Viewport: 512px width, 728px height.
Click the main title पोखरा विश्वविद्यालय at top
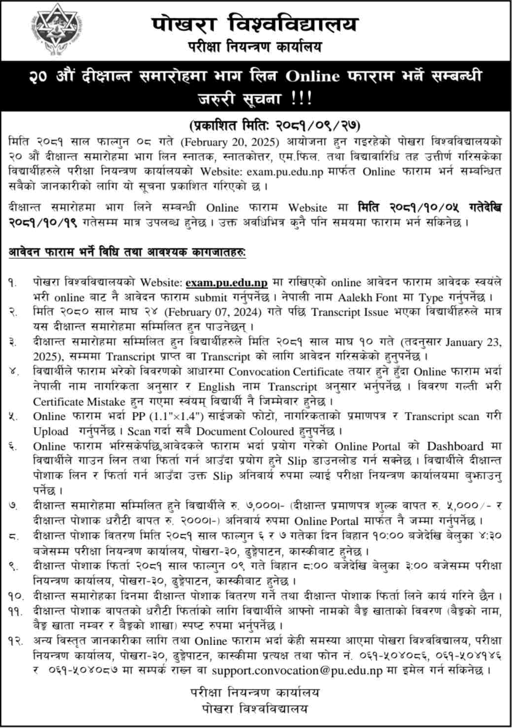pyautogui.click(x=255, y=24)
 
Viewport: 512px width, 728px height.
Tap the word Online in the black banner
pyautogui.click(x=313, y=77)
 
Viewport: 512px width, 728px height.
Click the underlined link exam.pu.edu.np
pyautogui.click(x=227, y=282)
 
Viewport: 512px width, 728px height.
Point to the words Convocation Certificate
pyautogui.click(x=286, y=372)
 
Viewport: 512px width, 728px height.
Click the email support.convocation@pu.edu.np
pyautogui.click(x=297, y=670)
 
